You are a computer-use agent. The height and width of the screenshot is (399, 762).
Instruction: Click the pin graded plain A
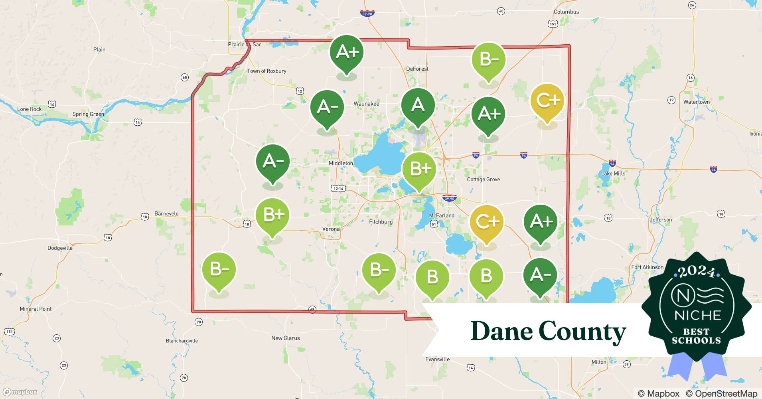click(418, 106)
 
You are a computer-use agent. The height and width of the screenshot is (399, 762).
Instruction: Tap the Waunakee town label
click(366, 104)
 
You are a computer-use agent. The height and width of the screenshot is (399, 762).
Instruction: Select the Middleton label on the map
click(341, 163)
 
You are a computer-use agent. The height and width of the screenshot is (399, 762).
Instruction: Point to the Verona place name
click(331, 229)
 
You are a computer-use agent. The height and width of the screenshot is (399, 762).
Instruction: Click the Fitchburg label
click(381, 222)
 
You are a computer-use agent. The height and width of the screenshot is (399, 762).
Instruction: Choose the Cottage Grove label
click(483, 180)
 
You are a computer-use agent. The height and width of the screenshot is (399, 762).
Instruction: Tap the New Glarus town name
click(285, 338)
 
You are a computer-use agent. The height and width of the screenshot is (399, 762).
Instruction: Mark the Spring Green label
click(88, 114)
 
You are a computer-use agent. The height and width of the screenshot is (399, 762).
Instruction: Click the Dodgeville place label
click(60, 248)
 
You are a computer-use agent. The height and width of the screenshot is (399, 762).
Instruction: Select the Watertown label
click(696, 102)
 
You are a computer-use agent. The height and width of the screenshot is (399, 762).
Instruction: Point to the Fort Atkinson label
click(647, 267)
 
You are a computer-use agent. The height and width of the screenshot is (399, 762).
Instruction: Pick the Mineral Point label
click(36, 309)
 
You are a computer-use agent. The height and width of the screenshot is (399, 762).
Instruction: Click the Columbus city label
click(566, 12)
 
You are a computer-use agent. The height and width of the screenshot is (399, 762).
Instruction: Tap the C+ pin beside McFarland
click(487, 222)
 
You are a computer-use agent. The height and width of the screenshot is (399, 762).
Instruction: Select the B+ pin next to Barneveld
click(272, 215)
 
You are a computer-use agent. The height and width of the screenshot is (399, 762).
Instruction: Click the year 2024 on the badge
click(697, 272)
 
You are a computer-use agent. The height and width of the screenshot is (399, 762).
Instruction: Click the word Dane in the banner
click(501, 332)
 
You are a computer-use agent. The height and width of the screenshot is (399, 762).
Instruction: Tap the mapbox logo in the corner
click(20, 392)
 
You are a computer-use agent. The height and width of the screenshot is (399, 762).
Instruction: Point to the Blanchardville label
click(182, 341)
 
